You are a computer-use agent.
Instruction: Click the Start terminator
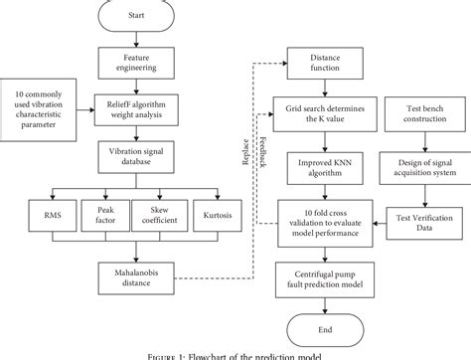click(137, 17)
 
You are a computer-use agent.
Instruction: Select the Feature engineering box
click(137, 65)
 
